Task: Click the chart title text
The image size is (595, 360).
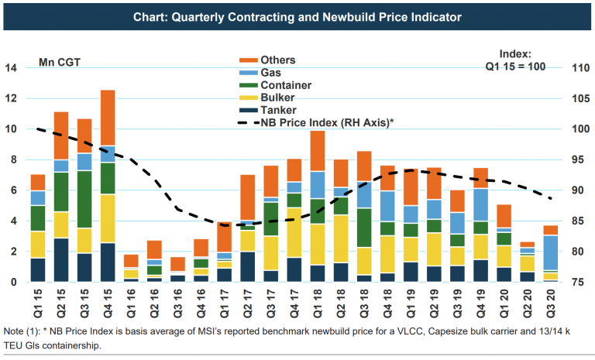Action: (x=297, y=16)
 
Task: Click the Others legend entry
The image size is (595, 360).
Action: (x=277, y=60)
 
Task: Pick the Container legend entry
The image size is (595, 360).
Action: (x=285, y=85)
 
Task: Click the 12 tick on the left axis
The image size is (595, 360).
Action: (x=11, y=99)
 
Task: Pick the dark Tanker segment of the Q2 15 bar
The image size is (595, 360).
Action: (x=61, y=260)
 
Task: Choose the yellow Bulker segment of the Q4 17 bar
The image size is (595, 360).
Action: (x=294, y=232)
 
